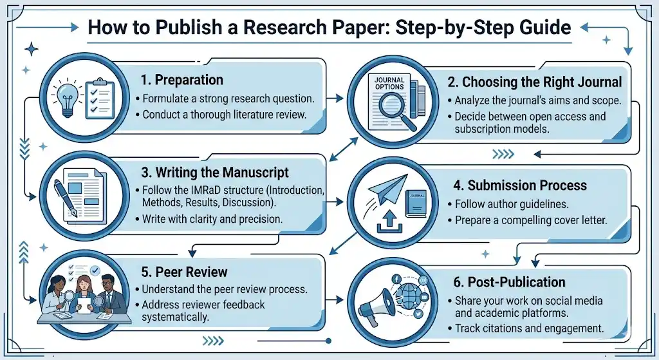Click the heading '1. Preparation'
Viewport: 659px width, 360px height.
181,81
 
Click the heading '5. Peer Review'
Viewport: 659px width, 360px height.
184,272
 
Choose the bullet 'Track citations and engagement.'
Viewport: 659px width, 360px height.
529,328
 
